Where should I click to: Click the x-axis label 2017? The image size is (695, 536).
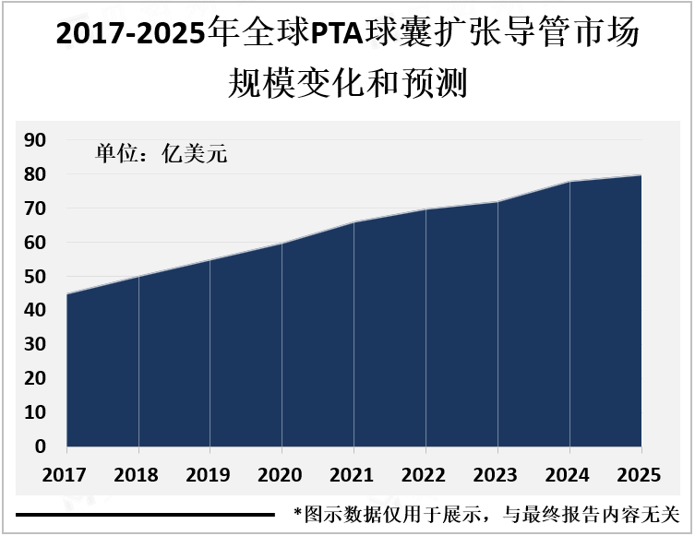point(66,475)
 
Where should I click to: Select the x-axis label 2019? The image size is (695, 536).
point(210,475)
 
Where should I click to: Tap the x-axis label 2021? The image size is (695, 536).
point(353,475)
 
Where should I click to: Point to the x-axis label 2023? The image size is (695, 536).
point(497,475)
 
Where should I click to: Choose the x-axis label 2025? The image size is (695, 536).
point(640,475)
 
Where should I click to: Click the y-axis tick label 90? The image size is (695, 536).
point(35,140)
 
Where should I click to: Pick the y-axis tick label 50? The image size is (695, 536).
point(35,277)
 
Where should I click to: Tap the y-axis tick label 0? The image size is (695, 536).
point(41,447)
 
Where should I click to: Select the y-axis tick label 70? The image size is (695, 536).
point(35,208)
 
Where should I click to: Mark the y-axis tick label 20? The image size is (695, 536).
point(35,378)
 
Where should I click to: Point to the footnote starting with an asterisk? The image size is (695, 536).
point(486,513)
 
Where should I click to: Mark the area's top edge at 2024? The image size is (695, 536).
point(569,182)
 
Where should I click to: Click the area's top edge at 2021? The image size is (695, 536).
point(353,222)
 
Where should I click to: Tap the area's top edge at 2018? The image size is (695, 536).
point(138,277)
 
